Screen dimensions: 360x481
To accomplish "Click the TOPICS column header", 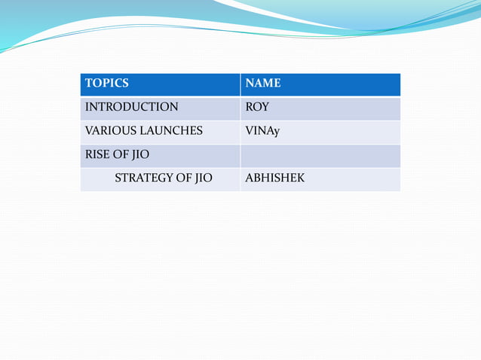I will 106,84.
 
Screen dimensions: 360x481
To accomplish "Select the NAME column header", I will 263,84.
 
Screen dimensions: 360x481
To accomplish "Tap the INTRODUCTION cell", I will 131,107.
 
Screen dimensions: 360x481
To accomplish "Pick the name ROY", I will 257,107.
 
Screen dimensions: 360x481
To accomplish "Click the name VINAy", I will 262,131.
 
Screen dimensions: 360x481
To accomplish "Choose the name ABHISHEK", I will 275,178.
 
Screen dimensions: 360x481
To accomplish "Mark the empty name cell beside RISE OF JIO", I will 320,155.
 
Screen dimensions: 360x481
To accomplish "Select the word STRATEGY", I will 143,178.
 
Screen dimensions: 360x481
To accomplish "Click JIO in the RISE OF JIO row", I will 140,155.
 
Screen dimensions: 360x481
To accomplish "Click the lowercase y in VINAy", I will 277,132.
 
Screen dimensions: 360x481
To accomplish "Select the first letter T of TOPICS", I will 88,84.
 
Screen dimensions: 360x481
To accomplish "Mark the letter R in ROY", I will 250,107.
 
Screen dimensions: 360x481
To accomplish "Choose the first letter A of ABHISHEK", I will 250,178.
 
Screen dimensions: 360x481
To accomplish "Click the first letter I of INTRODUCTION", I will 87,107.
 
